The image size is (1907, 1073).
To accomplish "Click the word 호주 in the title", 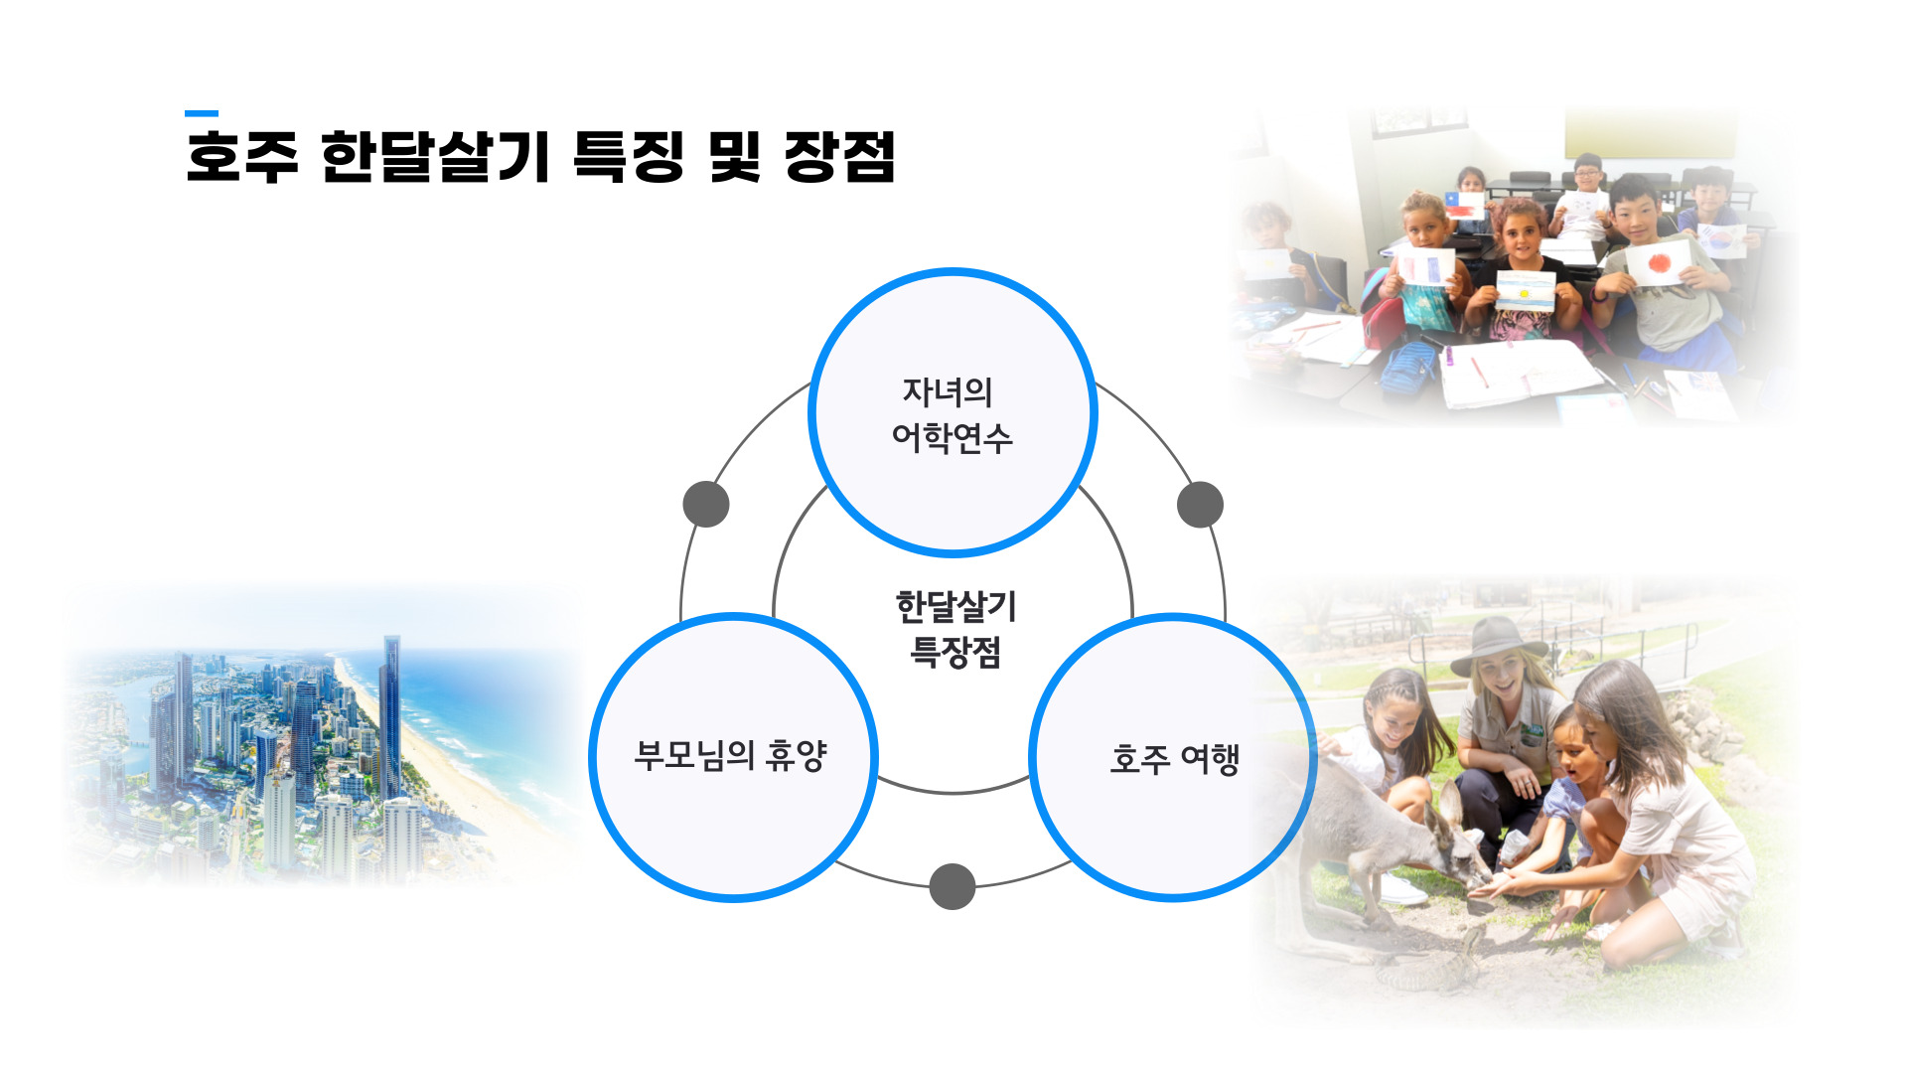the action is point(241,157).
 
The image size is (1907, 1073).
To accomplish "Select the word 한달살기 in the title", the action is point(435,157).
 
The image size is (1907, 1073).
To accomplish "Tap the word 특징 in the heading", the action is point(629,157).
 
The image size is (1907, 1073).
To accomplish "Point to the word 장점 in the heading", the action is point(840,157).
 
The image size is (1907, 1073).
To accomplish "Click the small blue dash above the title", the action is point(202,113).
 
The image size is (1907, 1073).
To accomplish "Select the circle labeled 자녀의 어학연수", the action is point(953,412).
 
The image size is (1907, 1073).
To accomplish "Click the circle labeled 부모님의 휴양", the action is point(733,757).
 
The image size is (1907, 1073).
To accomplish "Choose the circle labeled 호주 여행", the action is point(1173,757).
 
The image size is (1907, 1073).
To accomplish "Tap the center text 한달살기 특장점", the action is point(955,629).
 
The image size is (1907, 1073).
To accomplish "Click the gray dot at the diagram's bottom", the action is point(953,886).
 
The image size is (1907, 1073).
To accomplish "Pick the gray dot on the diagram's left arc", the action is point(706,505).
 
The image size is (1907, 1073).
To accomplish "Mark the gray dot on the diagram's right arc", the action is point(1200,505).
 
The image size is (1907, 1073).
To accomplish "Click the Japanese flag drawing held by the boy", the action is point(1659,263).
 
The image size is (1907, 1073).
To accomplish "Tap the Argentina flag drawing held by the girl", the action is point(1526,290).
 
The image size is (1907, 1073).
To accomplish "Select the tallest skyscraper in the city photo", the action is point(390,715).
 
